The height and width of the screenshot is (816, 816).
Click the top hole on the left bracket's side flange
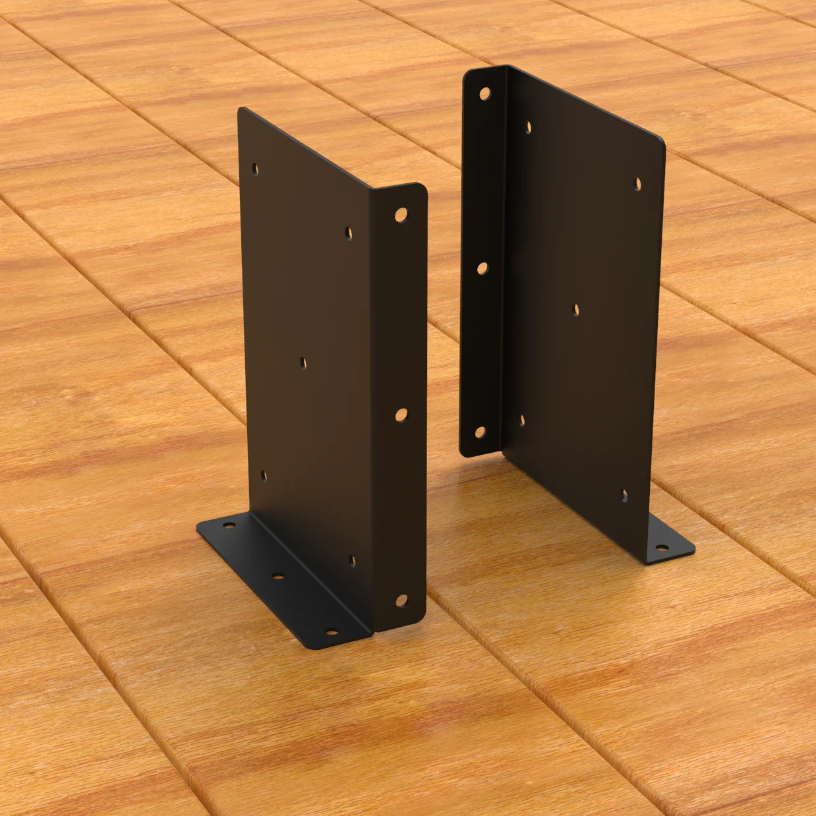click(x=401, y=214)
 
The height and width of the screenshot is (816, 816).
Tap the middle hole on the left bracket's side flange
click(x=401, y=415)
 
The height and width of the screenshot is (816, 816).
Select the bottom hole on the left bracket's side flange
click(x=401, y=600)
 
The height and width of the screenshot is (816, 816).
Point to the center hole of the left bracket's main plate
click(x=303, y=362)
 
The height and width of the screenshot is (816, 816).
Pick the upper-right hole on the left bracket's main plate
click(x=348, y=232)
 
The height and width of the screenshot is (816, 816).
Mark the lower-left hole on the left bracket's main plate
click(x=264, y=474)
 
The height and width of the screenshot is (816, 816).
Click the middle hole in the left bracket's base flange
click(x=277, y=576)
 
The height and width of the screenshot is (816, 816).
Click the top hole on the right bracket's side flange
click(x=485, y=94)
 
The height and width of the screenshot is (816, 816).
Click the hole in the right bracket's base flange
click(x=659, y=546)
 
